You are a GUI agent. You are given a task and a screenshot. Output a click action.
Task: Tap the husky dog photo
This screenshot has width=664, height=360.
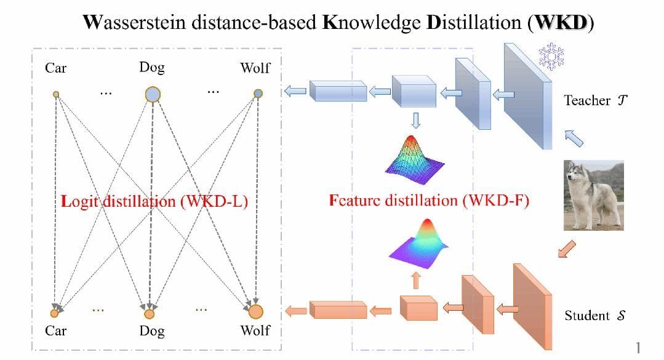pos(594,195)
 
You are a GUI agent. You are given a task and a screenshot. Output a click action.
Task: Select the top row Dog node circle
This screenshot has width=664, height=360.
pos(152,94)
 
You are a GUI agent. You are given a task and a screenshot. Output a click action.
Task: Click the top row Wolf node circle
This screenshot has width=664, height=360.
pos(258,94)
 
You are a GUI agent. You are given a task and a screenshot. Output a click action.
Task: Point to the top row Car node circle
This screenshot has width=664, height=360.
pos(56,94)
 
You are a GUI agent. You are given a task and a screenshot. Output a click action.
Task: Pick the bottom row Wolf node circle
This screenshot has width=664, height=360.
pos(256,311)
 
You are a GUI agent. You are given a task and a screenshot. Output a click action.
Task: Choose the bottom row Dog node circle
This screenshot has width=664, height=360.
pos(150,314)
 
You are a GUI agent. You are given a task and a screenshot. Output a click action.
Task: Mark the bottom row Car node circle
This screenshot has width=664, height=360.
pos(54,313)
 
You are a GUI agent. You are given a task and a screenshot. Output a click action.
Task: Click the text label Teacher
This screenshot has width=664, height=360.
pos(587,100)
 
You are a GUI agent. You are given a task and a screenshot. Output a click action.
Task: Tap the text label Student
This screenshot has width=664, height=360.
pos(587,316)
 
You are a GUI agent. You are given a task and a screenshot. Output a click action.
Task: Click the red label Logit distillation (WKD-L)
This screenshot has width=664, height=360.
pos(154,201)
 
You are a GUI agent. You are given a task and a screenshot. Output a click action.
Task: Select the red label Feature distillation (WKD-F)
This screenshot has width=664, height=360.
pos(429,201)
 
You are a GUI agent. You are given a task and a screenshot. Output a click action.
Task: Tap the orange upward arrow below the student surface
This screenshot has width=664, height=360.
pos(416,280)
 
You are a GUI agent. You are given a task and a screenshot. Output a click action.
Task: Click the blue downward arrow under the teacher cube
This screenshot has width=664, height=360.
pos(415,119)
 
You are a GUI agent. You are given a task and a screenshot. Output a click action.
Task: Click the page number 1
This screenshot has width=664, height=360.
pos(638,348)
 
